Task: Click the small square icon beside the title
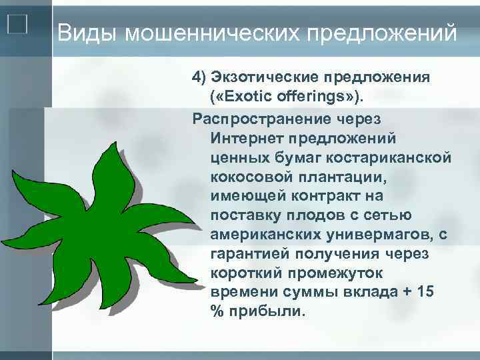(17, 25)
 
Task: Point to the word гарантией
(246, 254)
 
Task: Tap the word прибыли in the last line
(265, 311)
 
